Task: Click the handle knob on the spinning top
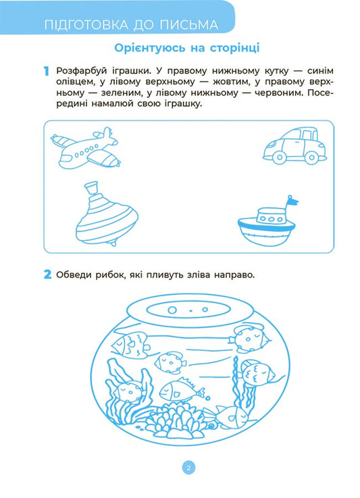pos(91,187)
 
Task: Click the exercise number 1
pos(46,72)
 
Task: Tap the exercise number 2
pos(47,274)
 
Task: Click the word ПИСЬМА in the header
pos(191,26)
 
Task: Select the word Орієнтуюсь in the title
pos(144,48)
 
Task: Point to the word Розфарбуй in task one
pos(84,72)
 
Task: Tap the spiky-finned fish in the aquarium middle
pos(178,389)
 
